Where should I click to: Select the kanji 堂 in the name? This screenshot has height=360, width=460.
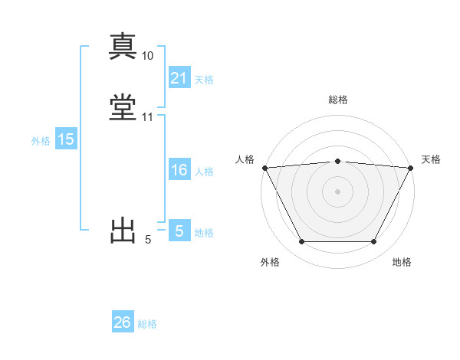coord(123,108)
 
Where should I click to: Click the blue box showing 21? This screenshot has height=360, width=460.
coord(179,78)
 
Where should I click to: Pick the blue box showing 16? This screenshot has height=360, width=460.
coord(179,171)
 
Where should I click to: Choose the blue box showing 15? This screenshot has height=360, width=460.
coord(66,139)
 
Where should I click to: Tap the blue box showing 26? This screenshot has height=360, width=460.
coord(123,322)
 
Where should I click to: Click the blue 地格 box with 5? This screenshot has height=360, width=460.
coord(179,231)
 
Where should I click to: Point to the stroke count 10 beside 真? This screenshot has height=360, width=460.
coord(148,56)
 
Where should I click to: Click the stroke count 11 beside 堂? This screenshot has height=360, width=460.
coord(148,117)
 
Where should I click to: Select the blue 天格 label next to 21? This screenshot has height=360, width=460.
coord(204,79)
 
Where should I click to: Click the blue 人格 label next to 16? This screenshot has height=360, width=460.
coord(204,172)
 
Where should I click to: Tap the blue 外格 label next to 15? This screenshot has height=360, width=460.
coord(41,140)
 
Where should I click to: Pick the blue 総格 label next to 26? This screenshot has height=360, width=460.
coord(147,324)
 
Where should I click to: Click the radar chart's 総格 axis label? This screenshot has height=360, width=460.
coord(337,100)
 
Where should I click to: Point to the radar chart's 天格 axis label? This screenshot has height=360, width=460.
coord(431,159)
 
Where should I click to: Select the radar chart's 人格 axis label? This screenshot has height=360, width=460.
coord(245,159)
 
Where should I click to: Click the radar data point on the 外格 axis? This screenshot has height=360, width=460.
coord(301,242)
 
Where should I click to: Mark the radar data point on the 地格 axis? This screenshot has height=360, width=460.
coord(374,242)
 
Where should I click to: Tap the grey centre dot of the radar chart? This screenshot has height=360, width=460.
coord(337,191)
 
